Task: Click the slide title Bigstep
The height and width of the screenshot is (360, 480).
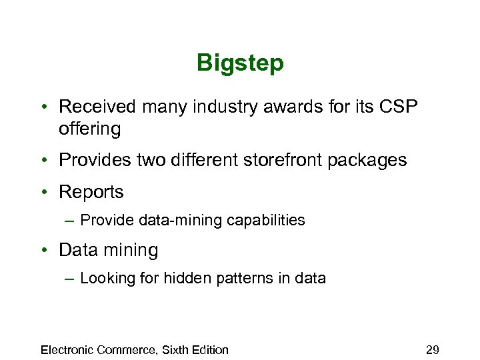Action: point(240,63)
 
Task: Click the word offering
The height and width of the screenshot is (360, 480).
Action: point(90,129)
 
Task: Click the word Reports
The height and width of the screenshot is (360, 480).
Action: point(91,193)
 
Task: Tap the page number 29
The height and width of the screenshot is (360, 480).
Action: point(432,350)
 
